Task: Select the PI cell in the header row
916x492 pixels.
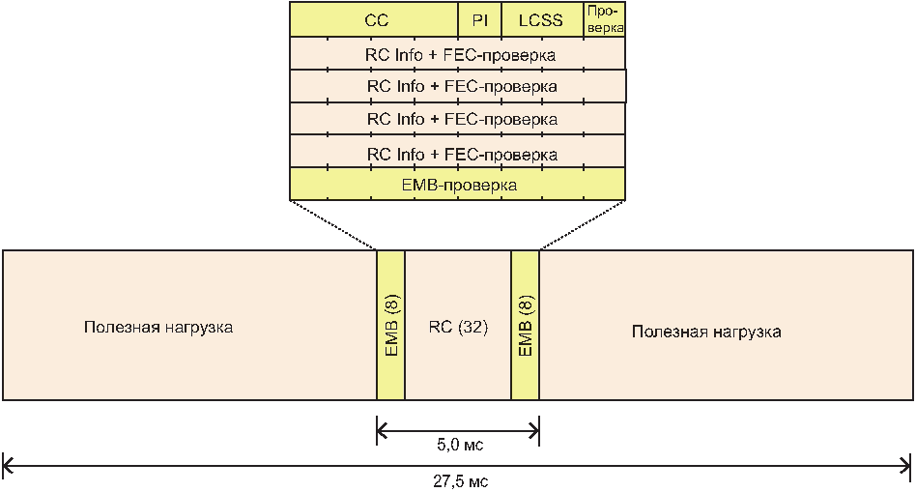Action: click(480, 19)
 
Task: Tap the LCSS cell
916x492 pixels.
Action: click(540, 19)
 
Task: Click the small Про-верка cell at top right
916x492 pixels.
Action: click(604, 19)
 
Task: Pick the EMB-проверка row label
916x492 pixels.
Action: click(458, 184)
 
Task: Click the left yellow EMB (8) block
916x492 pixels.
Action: click(390, 325)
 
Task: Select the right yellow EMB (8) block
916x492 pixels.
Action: click(525, 325)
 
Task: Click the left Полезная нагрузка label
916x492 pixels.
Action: click(157, 328)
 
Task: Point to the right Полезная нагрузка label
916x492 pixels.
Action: click(706, 332)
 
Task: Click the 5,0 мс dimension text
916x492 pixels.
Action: click(458, 446)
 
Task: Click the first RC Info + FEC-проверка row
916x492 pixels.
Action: click(458, 54)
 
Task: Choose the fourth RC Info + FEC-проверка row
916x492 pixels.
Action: click(458, 153)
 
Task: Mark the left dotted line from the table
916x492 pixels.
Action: click(333, 225)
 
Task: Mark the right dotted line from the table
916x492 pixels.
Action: click(582, 225)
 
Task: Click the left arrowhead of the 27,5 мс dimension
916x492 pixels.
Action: click(8, 465)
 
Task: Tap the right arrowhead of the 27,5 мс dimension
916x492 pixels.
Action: click(907, 465)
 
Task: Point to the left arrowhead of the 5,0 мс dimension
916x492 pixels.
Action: click(383, 429)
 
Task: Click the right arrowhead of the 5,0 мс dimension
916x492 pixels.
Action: click(532, 429)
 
